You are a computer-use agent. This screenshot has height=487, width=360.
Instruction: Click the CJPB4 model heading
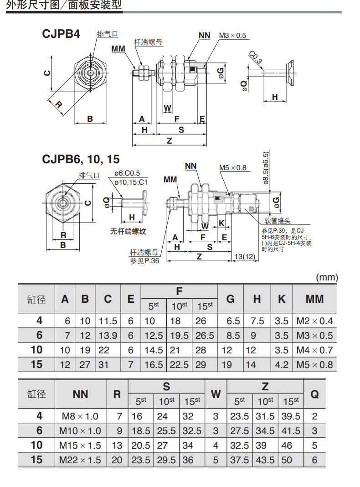coord(61,34)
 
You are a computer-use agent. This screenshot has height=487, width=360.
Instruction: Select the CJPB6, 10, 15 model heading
coord(81,159)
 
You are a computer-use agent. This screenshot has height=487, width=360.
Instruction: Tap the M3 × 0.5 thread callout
coord(232,36)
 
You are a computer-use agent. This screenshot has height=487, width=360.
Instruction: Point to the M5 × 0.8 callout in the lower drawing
coord(233,168)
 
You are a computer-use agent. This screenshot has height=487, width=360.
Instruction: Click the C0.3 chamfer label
coord(255,57)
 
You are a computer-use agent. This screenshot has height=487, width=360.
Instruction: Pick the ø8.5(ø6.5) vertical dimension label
coord(266,168)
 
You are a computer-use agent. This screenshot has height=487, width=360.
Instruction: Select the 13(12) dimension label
coord(245,257)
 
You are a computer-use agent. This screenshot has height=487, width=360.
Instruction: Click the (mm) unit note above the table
coord(327,277)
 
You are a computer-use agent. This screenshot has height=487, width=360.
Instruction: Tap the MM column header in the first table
coord(315,299)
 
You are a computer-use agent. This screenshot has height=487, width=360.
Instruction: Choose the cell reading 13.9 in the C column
coord(108,336)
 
